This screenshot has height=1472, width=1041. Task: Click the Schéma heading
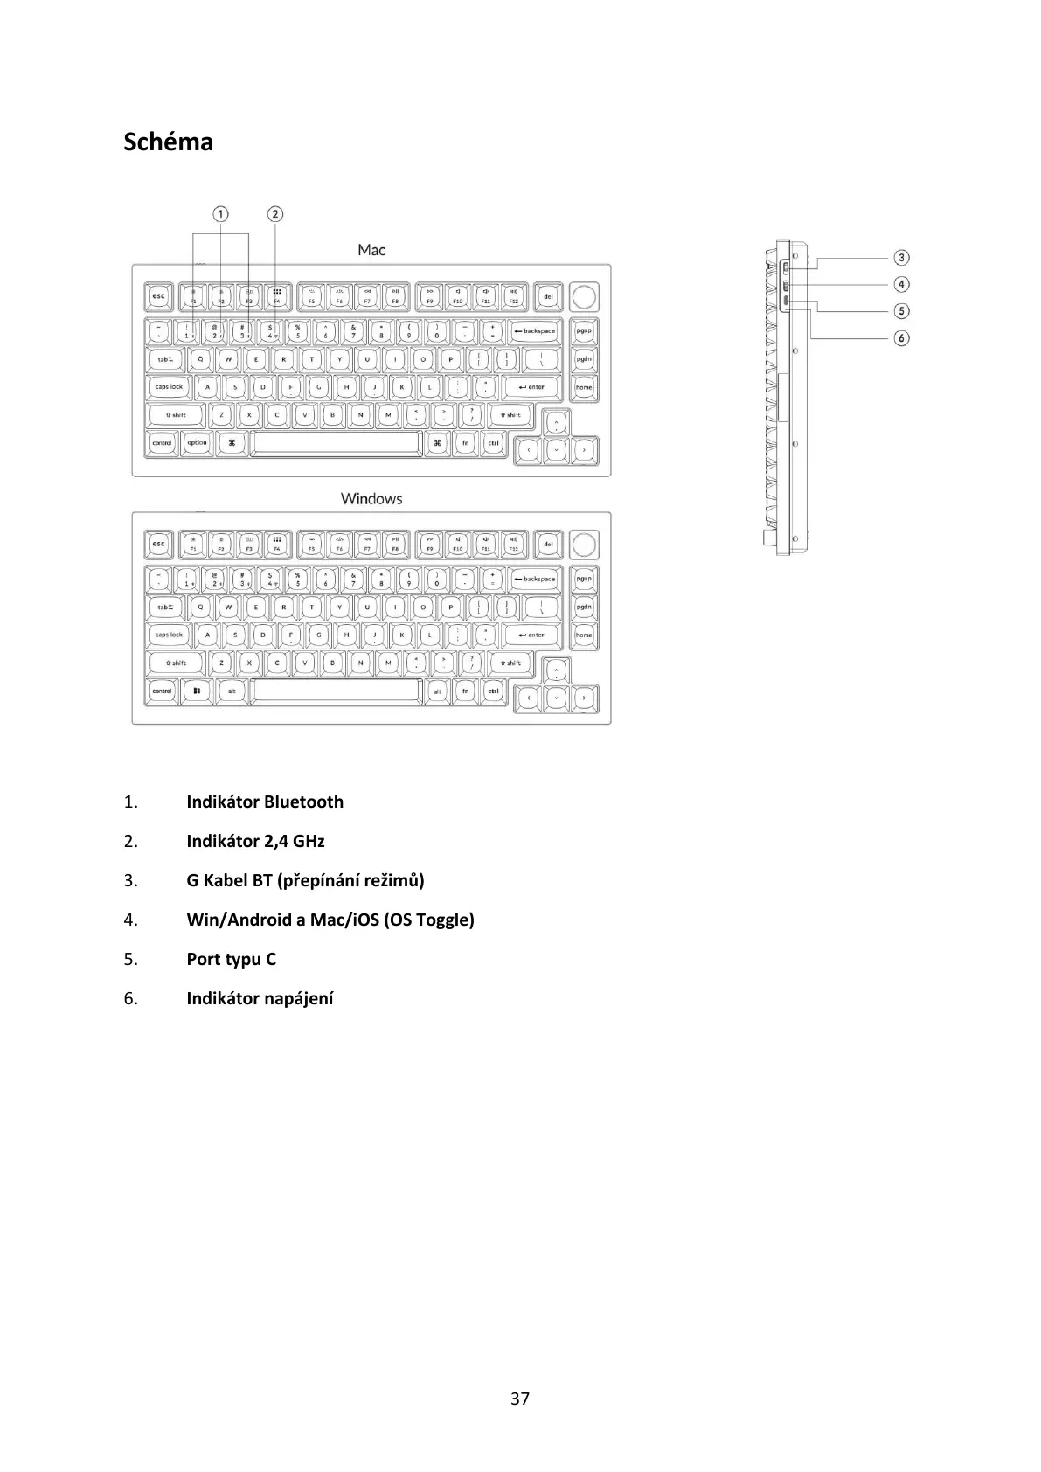coord(168,142)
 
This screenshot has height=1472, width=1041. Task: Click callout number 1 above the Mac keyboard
coord(221,214)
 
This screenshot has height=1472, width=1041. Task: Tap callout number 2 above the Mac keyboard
coord(275,214)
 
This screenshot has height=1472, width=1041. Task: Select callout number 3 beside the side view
coord(901,258)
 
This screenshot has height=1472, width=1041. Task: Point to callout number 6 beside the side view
coord(901,337)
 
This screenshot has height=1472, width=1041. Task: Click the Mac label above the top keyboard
coord(371,250)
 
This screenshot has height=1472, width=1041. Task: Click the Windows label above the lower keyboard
coord(371,498)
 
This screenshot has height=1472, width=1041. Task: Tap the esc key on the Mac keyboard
coord(158,297)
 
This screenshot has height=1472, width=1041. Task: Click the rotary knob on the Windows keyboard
coord(583,544)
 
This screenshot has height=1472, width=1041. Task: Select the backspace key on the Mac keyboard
coord(535,331)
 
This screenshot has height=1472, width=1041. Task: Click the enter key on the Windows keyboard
coord(531,635)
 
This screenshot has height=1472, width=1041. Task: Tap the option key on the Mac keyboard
coord(198,443)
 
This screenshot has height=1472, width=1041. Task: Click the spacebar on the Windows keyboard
coord(337,691)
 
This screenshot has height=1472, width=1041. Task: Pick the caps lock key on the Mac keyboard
coord(169,387)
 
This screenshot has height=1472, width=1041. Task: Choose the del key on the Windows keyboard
coord(548,545)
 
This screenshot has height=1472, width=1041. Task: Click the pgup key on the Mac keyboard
coord(584,331)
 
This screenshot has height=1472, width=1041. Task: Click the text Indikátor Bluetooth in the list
coord(264,802)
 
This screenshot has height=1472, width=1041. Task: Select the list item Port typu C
coord(231,959)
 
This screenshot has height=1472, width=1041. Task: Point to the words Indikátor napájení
coord(260,998)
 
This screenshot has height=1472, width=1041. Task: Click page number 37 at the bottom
coord(520,1399)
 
